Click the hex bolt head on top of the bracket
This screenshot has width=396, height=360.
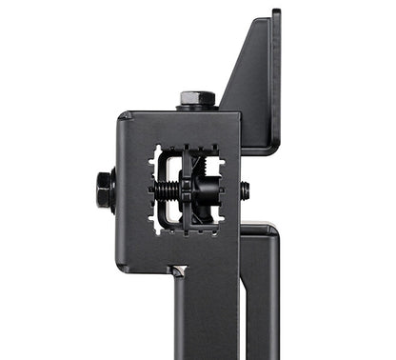(x=196, y=97)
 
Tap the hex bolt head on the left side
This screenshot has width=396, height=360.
(x=102, y=190)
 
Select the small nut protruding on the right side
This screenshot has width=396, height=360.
(x=245, y=190)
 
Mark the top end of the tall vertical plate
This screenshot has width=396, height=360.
(x=275, y=13)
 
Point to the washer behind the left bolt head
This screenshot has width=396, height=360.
(x=112, y=190)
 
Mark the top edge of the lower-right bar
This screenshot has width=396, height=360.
(x=259, y=226)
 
